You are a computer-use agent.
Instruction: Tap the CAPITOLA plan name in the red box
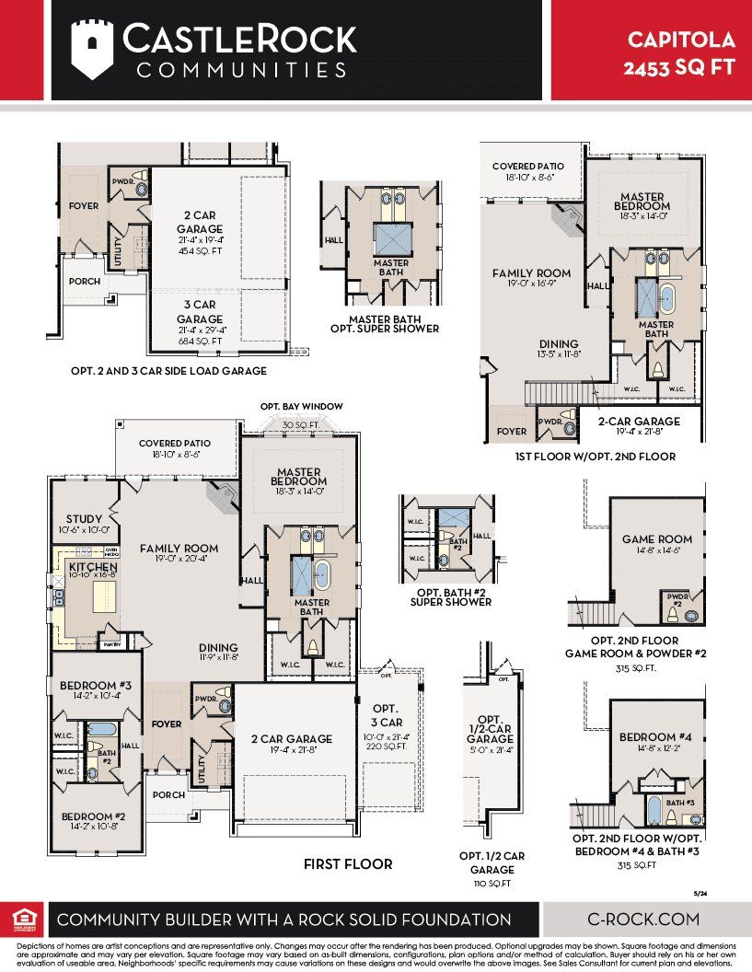(681, 40)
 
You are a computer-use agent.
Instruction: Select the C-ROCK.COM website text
(643, 919)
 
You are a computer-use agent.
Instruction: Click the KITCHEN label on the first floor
(92, 567)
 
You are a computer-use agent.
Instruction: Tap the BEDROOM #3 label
(96, 686)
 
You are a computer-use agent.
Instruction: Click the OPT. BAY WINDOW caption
(301, 407)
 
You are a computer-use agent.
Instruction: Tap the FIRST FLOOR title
(348, 864)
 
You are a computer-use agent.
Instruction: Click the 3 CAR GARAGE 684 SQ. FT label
(201, 319)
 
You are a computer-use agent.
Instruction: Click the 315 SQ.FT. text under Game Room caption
(635, 669)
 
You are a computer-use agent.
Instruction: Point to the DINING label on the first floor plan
(217, 647)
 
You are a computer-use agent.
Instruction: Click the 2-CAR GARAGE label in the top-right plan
(639, 421)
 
